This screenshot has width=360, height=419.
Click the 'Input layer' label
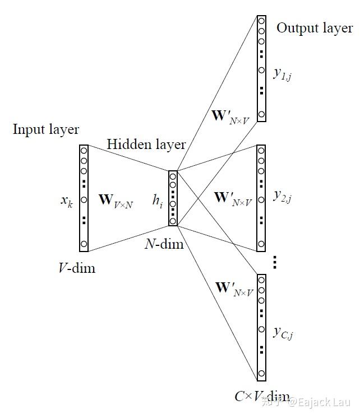46,130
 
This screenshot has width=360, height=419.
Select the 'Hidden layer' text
146,145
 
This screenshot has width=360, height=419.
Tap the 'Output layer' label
315,29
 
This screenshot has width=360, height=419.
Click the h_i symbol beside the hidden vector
158,200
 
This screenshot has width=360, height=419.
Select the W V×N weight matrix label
116,201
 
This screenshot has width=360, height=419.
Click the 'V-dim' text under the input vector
77,268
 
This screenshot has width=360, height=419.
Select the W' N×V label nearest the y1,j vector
230,117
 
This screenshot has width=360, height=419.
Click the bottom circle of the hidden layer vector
173,221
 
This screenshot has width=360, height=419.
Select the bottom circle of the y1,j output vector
261,114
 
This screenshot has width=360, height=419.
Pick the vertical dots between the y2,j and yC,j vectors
275,262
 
